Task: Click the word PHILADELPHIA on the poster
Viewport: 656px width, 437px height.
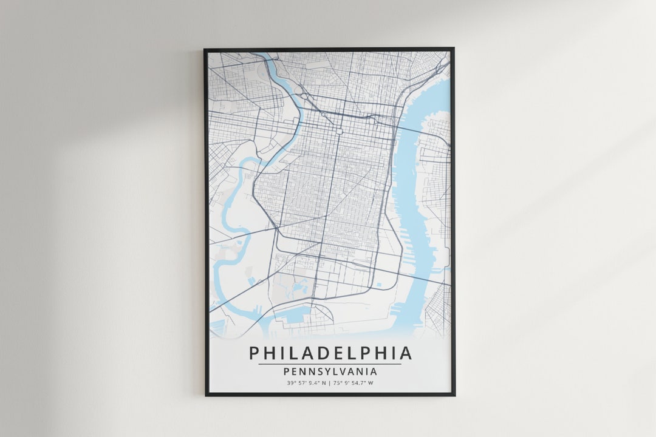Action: click(330, 353)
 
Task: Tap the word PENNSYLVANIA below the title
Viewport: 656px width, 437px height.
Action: click(330, 371)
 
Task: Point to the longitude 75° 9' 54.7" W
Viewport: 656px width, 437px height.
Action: click(353, 383)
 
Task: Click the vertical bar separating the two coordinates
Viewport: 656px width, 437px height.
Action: click(329, 383)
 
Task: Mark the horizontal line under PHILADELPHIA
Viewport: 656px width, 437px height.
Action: click(330, 364)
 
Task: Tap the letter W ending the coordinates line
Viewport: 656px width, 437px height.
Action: click(371, 383)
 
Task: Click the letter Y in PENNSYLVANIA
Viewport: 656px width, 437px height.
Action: click(319, 371)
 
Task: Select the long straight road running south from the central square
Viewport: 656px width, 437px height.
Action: click(332, 200)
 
